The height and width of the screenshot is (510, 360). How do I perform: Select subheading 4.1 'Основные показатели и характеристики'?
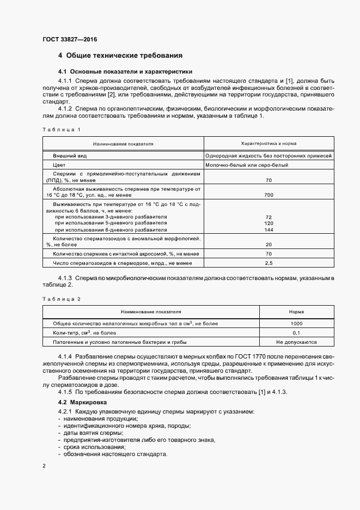[125, 71]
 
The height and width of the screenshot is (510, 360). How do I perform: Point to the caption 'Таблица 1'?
[61, 129]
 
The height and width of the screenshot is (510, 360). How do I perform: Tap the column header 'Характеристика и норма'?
[269, 144]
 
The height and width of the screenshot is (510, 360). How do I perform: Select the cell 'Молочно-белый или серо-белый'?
[247, 165]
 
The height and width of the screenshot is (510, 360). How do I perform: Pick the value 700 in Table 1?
[269, 195]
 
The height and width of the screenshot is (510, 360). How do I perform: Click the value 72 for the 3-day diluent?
[269, 217]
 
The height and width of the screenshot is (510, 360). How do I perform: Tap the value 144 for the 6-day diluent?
[269, 230]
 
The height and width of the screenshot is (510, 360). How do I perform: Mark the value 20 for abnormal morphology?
[269, 245]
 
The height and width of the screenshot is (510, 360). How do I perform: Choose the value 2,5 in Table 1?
[269, 263]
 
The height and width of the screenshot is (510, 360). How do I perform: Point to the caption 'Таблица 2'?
[61, 299]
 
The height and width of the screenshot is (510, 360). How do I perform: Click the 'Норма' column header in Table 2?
[296, 312]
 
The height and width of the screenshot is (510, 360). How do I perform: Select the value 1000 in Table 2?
[296, 323]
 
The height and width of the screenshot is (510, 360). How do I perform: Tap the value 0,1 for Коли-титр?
[296, 332]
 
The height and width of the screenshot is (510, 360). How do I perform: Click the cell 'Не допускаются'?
[296, 342]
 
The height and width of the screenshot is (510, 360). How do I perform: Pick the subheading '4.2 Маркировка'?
[78, 402]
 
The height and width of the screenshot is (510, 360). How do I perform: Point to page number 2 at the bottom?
[45, 466]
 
